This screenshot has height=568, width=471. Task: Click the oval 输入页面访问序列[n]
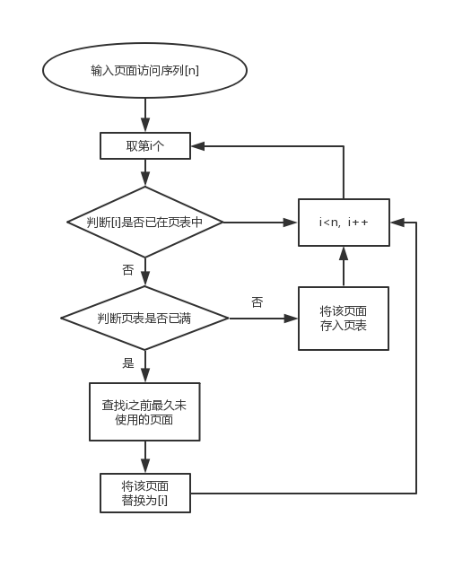144,70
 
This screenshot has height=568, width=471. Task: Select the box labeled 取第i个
144,145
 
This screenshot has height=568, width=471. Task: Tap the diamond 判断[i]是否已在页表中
144,222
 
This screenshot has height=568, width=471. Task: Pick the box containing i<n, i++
344,222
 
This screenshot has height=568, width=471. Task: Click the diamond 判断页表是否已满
144,319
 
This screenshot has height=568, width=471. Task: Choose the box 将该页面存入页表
344,319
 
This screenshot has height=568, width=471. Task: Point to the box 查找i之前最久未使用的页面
144,412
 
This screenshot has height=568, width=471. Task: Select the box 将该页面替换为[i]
144,493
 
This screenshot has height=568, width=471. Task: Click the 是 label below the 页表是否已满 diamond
128,363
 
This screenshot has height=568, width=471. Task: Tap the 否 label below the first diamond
128,269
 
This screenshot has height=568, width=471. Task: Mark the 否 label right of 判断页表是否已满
257,302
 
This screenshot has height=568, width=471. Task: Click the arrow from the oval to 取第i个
144,115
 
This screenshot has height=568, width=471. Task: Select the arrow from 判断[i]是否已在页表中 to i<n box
260,222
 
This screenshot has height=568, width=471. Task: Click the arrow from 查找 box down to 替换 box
144,457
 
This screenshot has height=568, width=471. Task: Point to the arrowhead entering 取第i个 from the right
197,145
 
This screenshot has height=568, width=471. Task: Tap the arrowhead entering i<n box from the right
396,222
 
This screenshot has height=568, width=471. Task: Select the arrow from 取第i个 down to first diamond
144,173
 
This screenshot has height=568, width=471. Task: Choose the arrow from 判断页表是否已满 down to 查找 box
144,367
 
